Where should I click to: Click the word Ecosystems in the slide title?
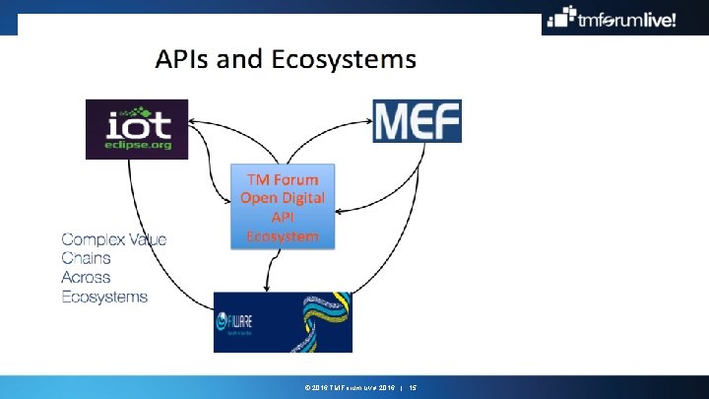pos(345,60)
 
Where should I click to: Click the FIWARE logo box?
pos(282,321)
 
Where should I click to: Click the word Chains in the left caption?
pos(86,258)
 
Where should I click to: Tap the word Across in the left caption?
pos(86,277)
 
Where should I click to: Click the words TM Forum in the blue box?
pos(283,178)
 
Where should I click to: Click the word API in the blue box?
pos(283,217)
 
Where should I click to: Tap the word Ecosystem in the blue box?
pos(283,236)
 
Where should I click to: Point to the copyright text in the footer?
pos(340,389)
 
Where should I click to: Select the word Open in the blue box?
pos(258,197)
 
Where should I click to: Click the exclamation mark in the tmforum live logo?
pos(674,19)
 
